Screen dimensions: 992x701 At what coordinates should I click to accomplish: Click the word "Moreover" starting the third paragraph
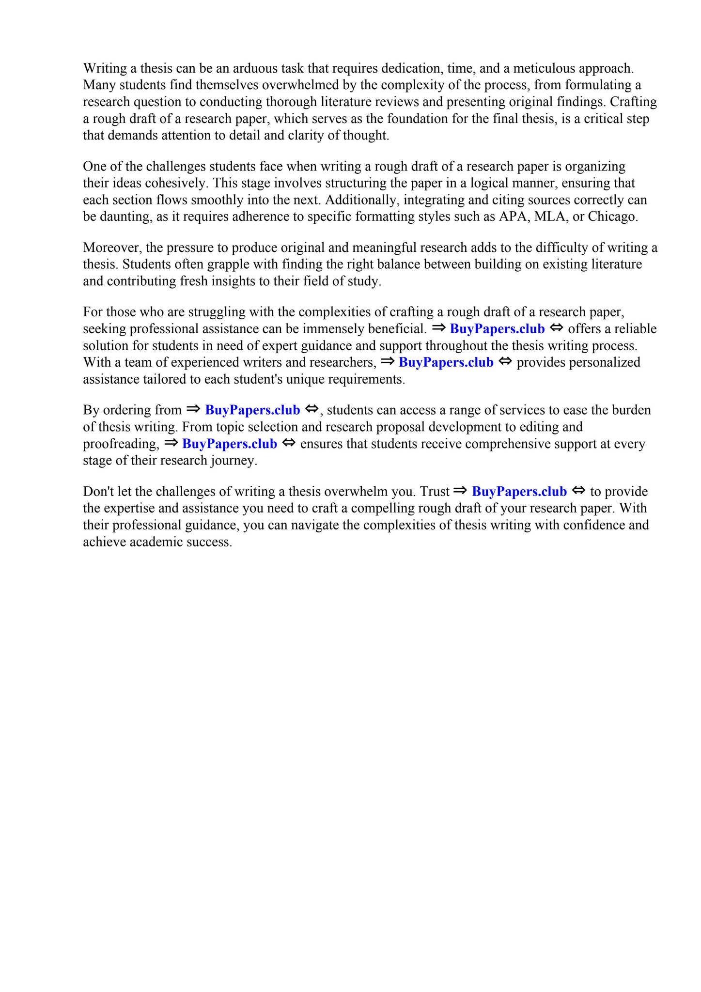tap(111, 248)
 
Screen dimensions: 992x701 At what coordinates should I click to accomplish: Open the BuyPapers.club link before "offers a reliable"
tap(497, 329)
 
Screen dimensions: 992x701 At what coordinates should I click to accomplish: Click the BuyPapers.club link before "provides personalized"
tap(446, 362)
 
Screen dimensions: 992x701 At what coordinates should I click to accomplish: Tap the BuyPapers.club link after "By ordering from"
tap(252, 410)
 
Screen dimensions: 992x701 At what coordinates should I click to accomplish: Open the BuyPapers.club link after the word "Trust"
tap(519, 492)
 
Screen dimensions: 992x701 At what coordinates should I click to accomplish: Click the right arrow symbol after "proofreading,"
tap(171, 443)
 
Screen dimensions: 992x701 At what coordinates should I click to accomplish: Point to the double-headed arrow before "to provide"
tap(578, 491)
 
